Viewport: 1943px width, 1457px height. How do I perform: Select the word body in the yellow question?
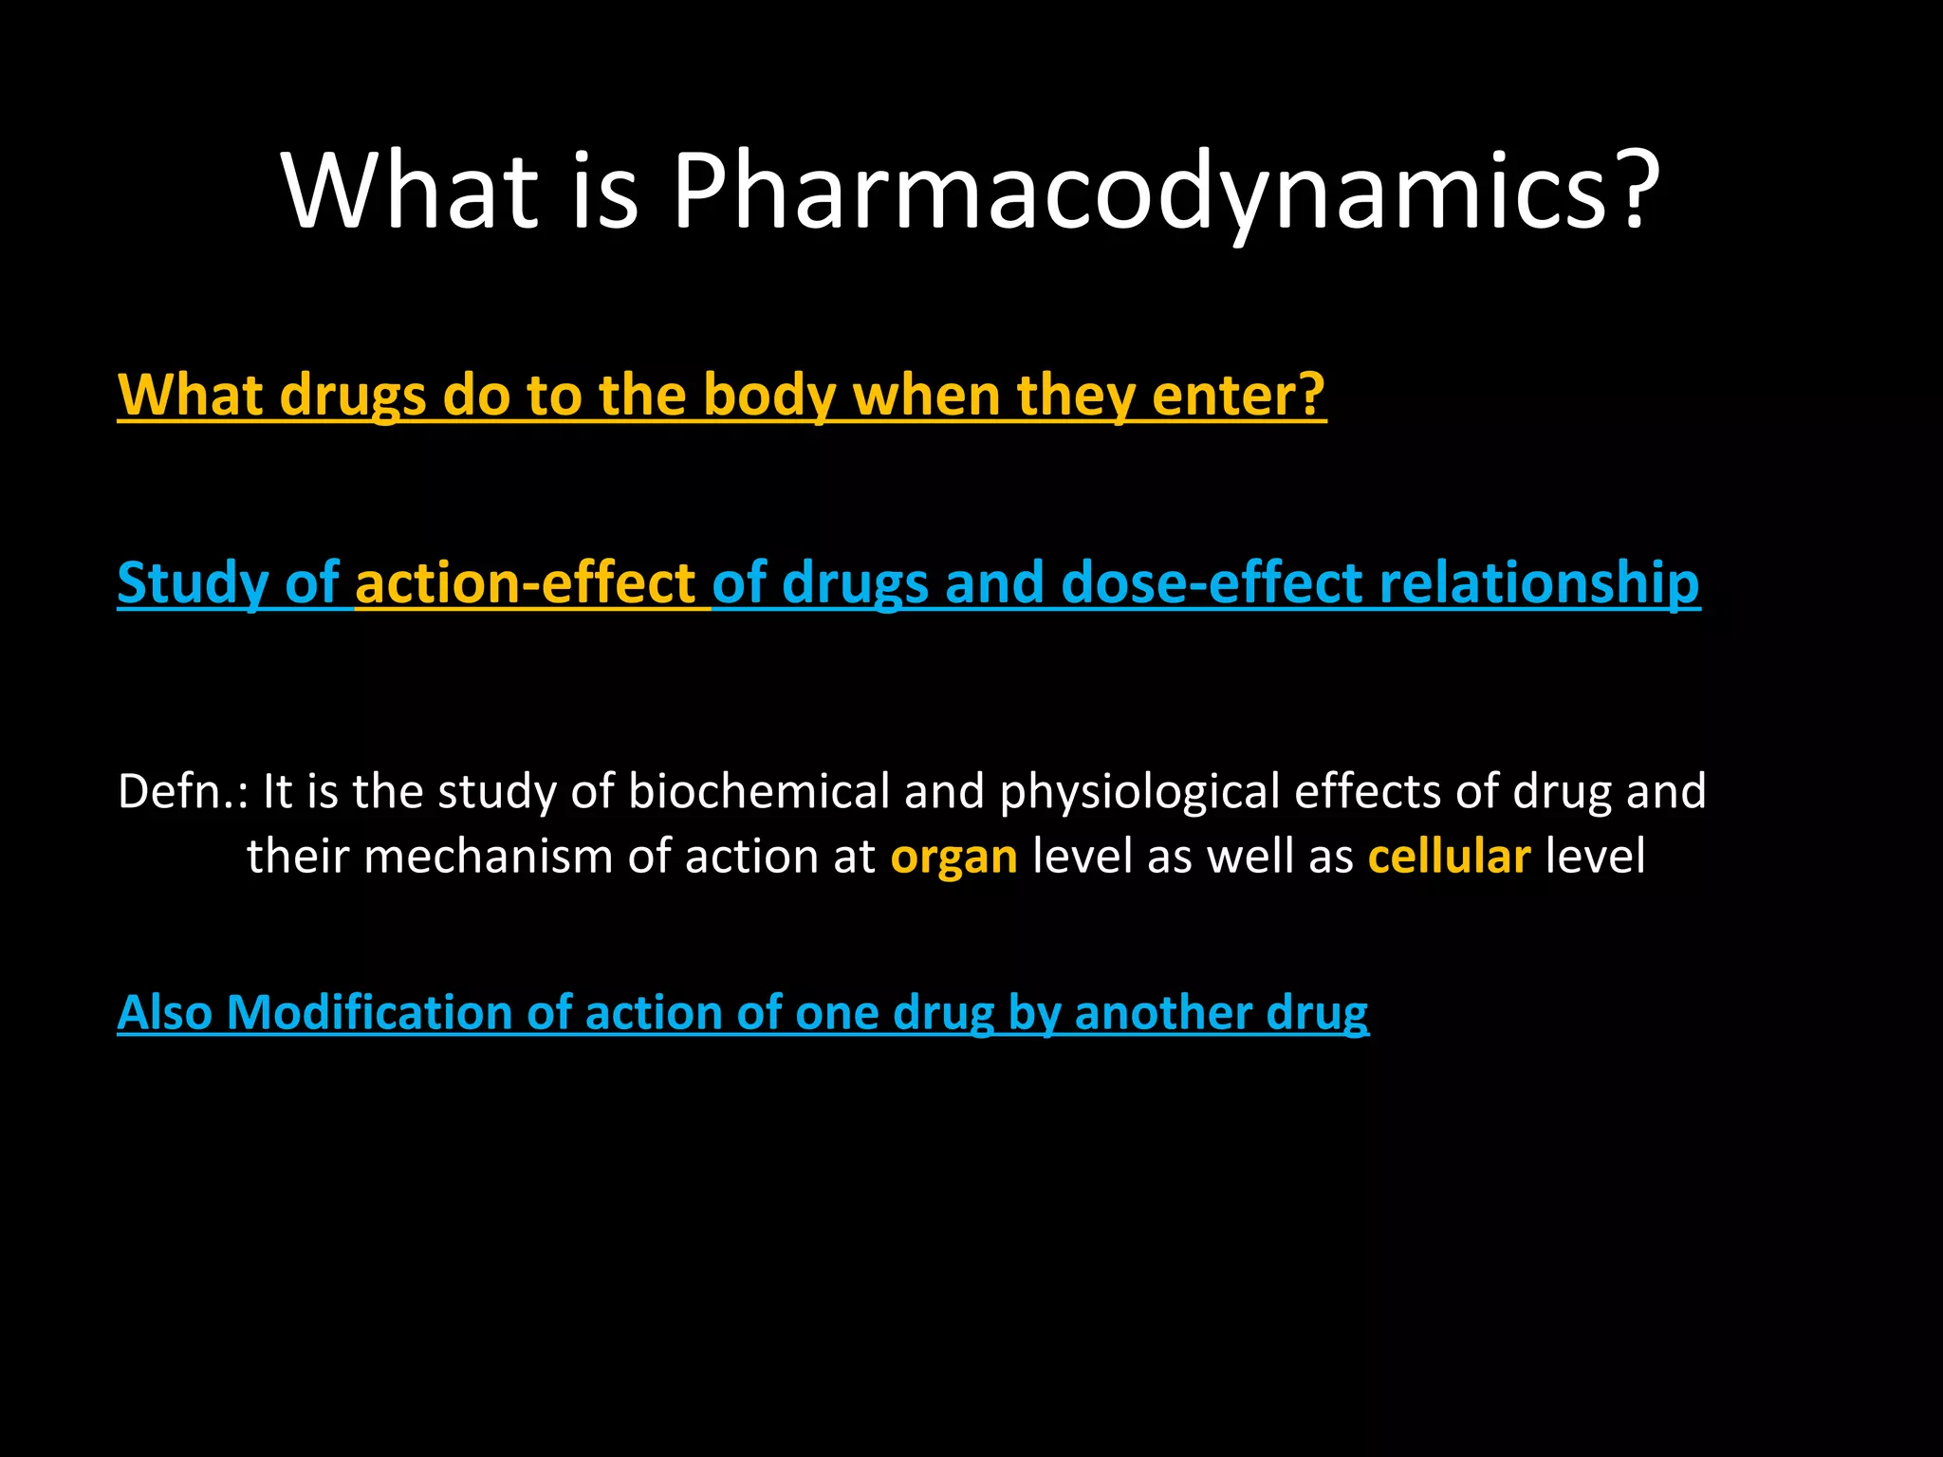click(x=769, y=395)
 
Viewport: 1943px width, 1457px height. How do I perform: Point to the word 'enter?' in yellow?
click(x=1238, y=395)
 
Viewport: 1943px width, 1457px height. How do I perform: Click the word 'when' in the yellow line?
click(x=926, y=395)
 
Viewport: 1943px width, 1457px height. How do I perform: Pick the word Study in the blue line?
click(x=193, y=582)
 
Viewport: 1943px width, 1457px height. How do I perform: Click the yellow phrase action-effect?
click(x=526, y=582)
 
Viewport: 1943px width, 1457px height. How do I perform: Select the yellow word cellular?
click(x=1449, y=857)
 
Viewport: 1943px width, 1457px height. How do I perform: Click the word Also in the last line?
click(x=164, y=1012)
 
